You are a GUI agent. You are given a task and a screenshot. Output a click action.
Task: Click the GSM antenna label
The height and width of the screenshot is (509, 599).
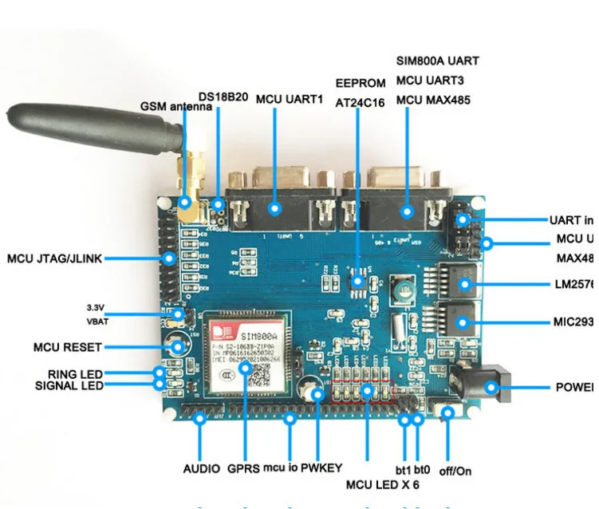[x=176, y=106]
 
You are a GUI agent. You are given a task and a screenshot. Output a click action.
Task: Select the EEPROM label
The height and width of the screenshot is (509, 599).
[x=360, y=83]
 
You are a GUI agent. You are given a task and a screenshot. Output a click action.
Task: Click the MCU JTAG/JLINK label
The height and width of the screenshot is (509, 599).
[x=54, y=258]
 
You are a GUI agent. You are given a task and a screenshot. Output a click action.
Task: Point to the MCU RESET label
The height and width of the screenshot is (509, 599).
[x=67, y=348]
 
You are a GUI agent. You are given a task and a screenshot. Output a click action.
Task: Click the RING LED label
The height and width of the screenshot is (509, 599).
[x=75, y=373]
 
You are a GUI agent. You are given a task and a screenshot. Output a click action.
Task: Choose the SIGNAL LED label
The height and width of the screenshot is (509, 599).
[x=69, y=386]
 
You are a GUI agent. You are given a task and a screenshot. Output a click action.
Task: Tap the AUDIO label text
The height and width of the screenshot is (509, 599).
[x=201, y=468]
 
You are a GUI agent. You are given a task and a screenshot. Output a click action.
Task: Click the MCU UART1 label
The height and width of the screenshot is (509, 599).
[x=290, y=100]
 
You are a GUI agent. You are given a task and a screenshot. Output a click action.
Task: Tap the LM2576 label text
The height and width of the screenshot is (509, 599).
[x=574, y=283]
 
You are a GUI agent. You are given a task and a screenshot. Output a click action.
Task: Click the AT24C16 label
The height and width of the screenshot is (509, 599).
[x=360, y=102]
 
